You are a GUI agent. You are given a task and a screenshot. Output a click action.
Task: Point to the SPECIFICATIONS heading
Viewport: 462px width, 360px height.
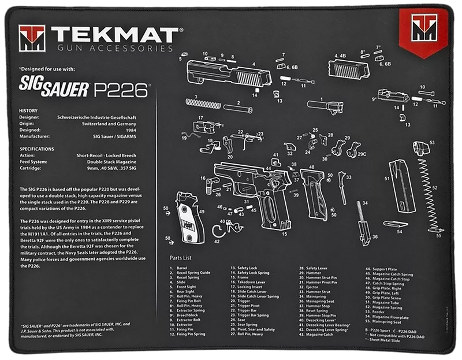tap(38, 149)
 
